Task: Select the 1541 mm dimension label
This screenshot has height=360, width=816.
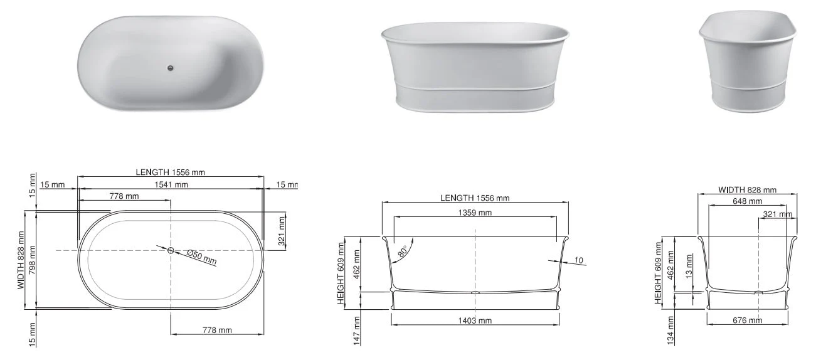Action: (171, 184)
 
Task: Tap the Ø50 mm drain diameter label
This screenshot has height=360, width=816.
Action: (201, 257)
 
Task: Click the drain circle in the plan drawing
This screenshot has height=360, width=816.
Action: (171, 250)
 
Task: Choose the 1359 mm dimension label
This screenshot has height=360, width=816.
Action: (475, 213)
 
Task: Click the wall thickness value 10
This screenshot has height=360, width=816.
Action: (578, 260)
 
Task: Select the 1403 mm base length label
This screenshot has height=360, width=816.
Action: (475, 320)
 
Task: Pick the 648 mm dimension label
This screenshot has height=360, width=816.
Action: (747, 201)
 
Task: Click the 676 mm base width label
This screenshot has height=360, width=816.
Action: (747, 320)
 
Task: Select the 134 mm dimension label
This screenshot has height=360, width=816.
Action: (671, 330)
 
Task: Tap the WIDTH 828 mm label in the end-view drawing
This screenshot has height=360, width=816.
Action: (747, 190)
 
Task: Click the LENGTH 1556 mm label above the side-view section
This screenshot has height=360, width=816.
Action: (475, 198)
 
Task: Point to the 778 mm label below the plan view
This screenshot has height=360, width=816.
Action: (216, 330)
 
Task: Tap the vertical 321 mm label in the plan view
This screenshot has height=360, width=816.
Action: (282, 230)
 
